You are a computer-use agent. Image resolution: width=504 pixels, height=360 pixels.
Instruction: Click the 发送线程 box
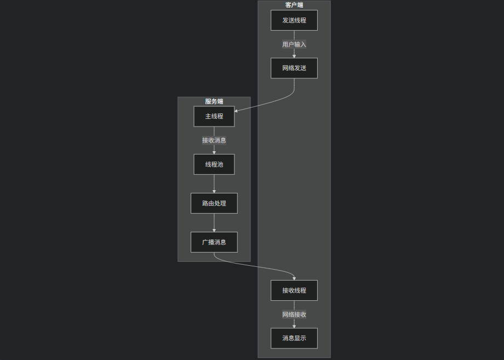[294, 20]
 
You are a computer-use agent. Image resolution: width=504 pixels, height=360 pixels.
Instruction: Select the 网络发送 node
[294, 68]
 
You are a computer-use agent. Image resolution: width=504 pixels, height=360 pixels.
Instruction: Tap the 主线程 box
[214, 116]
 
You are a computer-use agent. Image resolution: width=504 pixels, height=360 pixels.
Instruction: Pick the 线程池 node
[214, 164]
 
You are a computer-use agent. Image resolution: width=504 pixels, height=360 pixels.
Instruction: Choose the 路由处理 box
[214, 203]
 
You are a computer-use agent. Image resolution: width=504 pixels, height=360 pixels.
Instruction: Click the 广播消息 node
[214, 242]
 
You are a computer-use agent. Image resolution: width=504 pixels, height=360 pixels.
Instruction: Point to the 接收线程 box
[294, 290]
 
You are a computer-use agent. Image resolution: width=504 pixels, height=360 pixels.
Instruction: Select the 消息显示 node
[294, 338]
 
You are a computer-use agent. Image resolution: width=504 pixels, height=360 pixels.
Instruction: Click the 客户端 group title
[294, 5]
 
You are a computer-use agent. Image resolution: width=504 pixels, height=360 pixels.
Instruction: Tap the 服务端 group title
[214, 101]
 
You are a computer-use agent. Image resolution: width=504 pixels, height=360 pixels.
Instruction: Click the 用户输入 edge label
[294, 44]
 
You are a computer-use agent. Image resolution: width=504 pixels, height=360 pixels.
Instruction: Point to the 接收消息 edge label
[214, 140]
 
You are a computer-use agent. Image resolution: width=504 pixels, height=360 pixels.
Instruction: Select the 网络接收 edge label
[294, 315]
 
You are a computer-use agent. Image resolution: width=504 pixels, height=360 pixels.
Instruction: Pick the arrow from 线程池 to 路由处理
[214, 183]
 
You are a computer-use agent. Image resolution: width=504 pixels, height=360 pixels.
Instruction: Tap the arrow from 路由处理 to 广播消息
[214, 222]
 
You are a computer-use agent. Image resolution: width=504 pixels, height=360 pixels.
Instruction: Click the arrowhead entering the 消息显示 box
[294, 326]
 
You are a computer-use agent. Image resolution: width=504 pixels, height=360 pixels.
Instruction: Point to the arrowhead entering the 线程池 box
[214, 152]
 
